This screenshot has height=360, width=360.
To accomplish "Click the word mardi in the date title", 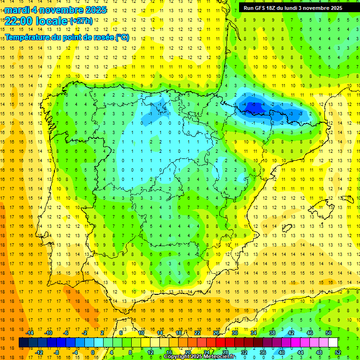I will click(x=17, y=10).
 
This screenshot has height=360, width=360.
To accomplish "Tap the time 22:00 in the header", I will click(x=20, y=21).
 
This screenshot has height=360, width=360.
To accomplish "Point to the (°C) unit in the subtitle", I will click(x=122, y=37).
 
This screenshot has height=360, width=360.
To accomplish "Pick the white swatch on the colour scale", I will click(x=333, y=343).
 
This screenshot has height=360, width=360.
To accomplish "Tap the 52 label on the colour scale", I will click(x=337, y=352).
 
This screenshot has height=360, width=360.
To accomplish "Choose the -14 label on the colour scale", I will click(x=30, y=333).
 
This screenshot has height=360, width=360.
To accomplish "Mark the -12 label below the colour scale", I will click(x=39, y=352).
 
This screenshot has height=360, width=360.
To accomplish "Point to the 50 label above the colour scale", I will click(x=329, y=333).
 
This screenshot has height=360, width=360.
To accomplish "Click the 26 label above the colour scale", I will click(x=216, y=333).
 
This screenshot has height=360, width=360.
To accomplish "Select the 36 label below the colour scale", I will click(x=262, y=352).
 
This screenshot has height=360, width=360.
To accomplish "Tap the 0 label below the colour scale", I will click(x=93, y=352).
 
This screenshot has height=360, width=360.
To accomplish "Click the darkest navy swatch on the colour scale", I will click(x=23, y=343).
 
